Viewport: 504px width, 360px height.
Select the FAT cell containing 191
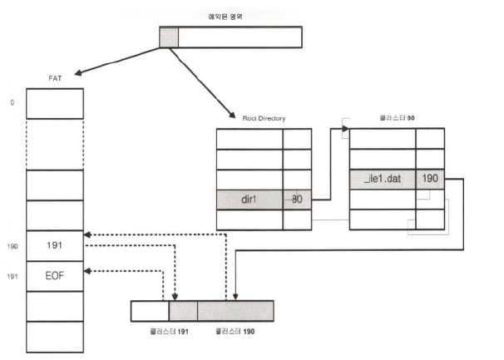point(54,246)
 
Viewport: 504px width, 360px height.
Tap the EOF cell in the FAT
point(54,275)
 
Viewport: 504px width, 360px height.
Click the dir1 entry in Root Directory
point(250,200)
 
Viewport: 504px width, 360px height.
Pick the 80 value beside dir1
point(297,200)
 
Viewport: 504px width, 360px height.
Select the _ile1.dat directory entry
point(383,179)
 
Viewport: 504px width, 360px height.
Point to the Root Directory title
point(264,118)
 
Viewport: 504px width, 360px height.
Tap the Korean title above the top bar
point(230,16)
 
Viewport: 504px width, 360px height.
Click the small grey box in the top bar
point(169,37)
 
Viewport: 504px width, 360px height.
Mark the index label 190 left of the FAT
point(12,247)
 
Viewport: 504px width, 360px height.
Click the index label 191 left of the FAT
point(12,275)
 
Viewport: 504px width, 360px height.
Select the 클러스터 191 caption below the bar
point(171,332)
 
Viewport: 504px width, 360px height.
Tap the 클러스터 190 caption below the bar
point(234,332)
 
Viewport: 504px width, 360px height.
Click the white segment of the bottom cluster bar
point(150,311)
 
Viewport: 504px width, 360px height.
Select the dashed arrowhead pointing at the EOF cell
point(89,270)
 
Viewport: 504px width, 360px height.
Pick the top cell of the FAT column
point(54,101)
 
